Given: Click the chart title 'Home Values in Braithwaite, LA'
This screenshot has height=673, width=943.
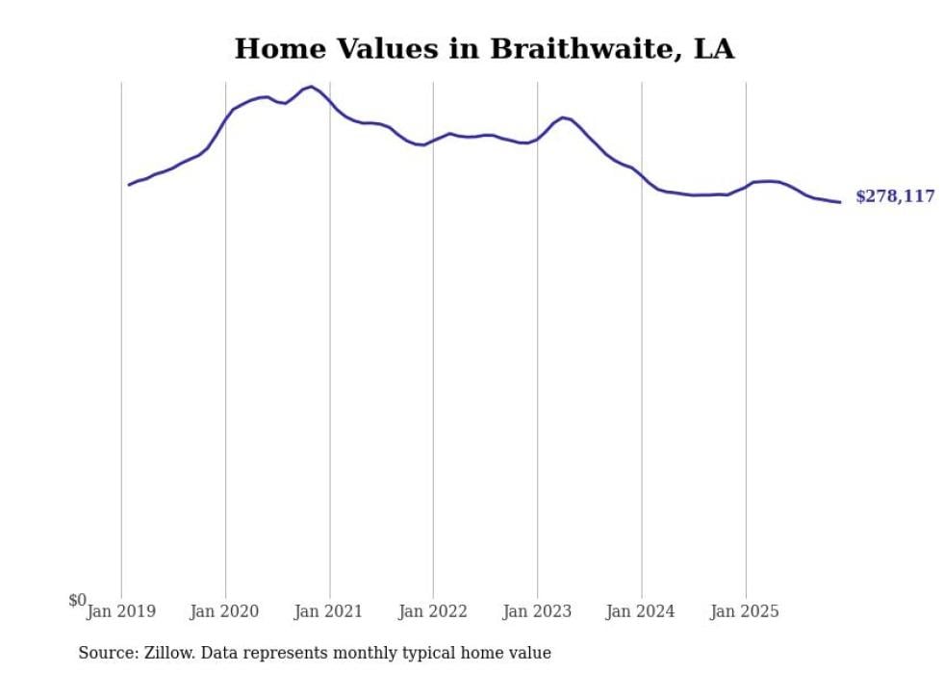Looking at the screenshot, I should [x=484, y=49].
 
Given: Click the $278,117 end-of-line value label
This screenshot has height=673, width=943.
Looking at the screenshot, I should [x=894, y=196].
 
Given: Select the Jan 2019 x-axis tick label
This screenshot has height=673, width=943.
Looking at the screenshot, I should [x=121, y=610].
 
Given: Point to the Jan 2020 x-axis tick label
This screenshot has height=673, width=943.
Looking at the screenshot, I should [x=225, y=610].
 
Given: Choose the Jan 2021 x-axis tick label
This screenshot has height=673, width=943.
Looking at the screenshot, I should [x=329, y=610].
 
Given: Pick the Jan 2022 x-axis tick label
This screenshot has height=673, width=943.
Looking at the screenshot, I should [x=433, y=610].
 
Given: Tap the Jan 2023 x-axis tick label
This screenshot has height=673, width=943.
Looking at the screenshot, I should [x=537, y=610].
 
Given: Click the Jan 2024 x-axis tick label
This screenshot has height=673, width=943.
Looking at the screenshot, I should [x=641, y=610].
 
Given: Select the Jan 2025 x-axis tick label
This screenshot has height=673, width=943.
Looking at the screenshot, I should [x=745, y=610].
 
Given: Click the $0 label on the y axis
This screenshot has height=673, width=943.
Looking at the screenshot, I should [x=77, y=600].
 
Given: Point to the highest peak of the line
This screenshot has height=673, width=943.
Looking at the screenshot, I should [x=311, y=87].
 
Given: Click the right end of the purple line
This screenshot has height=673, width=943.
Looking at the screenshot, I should [x=840, y=202].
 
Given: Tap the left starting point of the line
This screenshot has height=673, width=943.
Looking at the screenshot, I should [x=129, y=185].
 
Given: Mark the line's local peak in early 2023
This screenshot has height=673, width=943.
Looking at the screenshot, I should [x=563, y=117].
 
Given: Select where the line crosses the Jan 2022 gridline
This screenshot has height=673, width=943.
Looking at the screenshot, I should [x=433, y=141].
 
